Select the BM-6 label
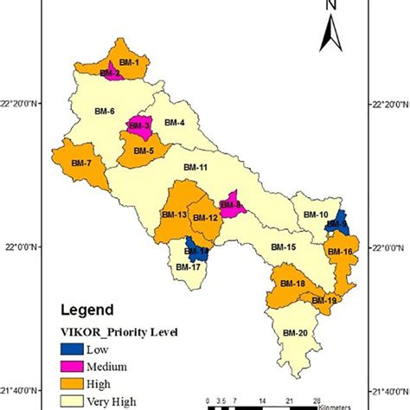pos(106,112)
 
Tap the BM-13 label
pos(174,215)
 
